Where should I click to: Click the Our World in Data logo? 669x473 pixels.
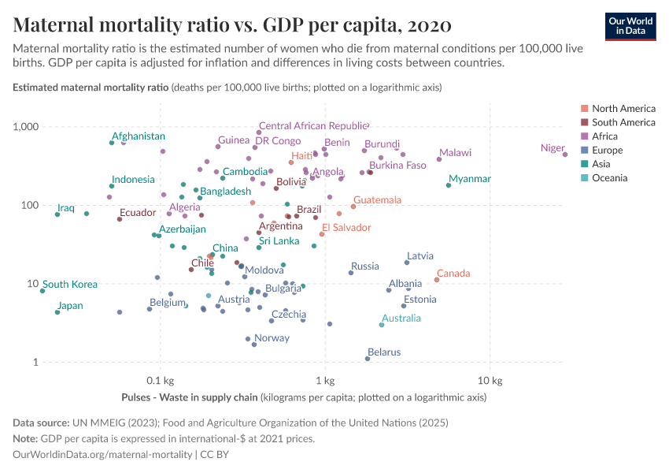click(630, 26)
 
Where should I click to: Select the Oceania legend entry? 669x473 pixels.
click(609, 178)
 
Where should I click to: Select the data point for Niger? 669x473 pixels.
click(565, 155)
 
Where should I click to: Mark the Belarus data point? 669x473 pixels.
click(368, 359)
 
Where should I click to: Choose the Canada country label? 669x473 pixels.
click(453, 274)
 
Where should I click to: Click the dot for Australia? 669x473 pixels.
click(382, 325)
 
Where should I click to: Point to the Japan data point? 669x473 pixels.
click(57, 312)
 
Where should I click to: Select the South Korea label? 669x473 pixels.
click(70, 285)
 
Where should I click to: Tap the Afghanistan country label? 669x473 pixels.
click(139, 136)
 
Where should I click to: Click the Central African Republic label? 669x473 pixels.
click(313, 125)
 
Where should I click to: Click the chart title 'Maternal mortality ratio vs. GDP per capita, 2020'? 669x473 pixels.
click(232, 25)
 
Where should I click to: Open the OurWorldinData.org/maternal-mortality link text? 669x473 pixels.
click(102, 455)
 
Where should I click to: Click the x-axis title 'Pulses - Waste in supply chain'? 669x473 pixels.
click(190, 397)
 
